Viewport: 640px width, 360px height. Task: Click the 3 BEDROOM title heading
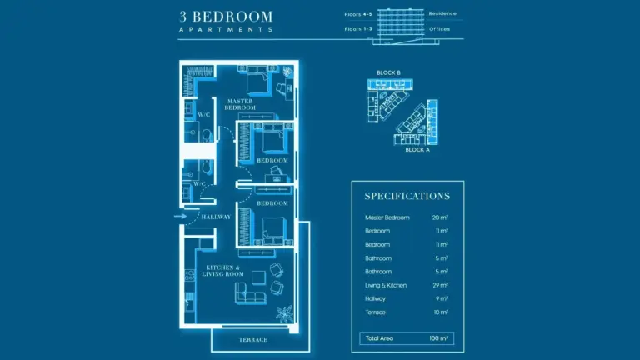point(226,17)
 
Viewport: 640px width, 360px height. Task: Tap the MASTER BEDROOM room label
point(240,104)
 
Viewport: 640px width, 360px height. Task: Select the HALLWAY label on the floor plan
point(216,217)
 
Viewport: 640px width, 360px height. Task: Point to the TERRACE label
point(253,340)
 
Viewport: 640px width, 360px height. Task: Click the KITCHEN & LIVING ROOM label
point(222,271)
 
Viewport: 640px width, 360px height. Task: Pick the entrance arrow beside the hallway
point(180,217)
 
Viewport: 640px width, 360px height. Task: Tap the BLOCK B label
point(388,73)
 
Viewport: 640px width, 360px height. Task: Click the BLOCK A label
point(417,150)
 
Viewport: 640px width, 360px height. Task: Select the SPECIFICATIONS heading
point(407,197)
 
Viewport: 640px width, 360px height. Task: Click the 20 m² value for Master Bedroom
point(440,218)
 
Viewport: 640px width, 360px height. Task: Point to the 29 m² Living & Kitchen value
point(440,285)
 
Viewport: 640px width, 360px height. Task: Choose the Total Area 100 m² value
point(439,338)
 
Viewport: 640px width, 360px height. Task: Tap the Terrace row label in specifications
point(375,312)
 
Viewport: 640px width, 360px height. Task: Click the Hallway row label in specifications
point(375,299)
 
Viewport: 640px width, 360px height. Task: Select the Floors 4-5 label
point(358,14)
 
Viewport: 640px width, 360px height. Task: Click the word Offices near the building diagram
point(440,29)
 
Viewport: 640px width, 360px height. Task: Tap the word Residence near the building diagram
point(442,13)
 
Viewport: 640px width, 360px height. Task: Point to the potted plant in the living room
point(284,313)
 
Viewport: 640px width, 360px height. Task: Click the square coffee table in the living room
point(258,278)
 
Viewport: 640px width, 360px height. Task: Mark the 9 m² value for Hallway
point(442,299)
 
